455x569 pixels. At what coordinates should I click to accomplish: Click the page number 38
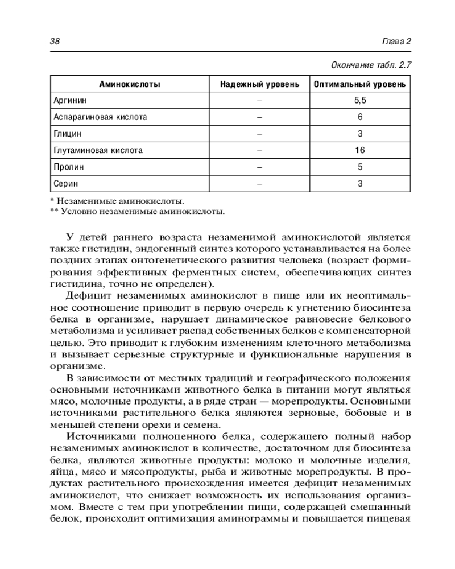pos(55,42)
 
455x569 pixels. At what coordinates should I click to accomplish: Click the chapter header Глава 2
pos(396,42)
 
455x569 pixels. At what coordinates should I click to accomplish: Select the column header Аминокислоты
pos(130,84)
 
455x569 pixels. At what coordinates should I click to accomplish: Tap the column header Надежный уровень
pos(259,84)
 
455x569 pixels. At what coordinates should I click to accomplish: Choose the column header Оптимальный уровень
pos(359,84)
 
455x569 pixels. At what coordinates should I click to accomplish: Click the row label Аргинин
pos(70,101)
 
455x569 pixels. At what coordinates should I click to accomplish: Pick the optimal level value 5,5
pos(359,101)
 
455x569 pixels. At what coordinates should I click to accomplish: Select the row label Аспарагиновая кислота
pos(100,117)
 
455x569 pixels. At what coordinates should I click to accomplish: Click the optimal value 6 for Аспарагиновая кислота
pos(359,117)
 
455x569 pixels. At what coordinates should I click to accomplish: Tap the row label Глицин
pos(68,134)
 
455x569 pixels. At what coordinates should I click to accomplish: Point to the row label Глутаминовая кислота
pos(98,151)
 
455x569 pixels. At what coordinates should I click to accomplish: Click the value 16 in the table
pos(359,151)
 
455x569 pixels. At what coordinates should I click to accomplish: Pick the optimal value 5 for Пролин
pos(359,167)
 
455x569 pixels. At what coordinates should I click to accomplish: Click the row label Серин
pos(66,184)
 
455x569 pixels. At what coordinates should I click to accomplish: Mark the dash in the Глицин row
pos(259,134)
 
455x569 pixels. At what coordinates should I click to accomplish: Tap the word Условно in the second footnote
pos(79,212)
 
